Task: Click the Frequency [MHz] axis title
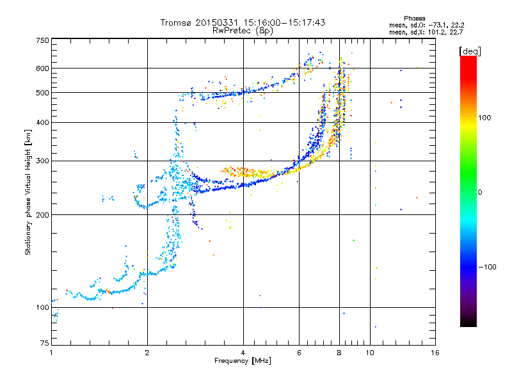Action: (x=243, y=361)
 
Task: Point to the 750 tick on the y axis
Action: (x=43, y=40)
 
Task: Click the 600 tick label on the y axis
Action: (x=43, y=68)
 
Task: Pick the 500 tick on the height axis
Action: (x=43, y=93)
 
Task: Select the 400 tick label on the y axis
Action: (x=43, y=122)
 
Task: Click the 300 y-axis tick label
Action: (x=43, y=161)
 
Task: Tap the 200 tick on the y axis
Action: (x=43, y=215)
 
